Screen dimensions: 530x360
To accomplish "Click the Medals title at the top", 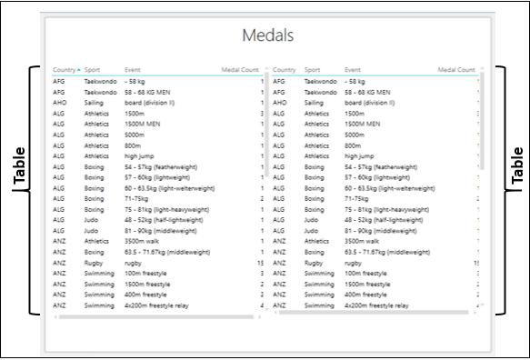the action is pyautogui.click(x=268, y=35).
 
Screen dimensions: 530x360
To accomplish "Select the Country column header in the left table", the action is pyautogui.click(x=64, y=69).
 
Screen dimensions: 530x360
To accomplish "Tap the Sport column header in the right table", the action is pyautogui.click(x=312, y=69).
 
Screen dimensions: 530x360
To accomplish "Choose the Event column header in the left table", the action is pyautogui.click(x=133, y=69).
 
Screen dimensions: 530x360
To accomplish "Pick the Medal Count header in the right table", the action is pyautogui.click(x=456, y=69).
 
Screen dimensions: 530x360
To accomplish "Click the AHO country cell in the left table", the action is pyautogui.click(x=59, y=103).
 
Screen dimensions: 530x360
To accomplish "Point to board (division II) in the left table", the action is pyautogui.click(x=150, y=103).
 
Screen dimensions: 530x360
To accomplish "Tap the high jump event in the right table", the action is pyautogui.click(x=359, y=156).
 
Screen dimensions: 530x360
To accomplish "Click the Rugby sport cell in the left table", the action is pyautogui.click(x=95, y=263).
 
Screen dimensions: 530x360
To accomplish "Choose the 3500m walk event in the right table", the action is pyautogui.click(x=363, y=241).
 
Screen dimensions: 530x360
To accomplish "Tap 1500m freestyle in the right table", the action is pyautogui.click(x=367, y=284).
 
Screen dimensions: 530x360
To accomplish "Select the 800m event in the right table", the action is pyautogui.click(x=353, y=145).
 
